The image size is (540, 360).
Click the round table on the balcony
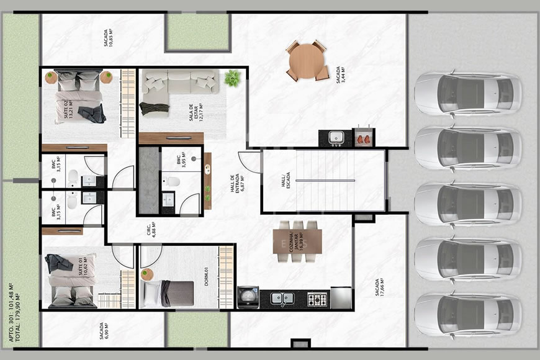click(307, 60)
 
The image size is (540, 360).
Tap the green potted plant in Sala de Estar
click(232, 78)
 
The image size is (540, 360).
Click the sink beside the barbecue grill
click(335, 137)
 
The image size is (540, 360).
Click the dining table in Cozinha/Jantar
click(298, 241)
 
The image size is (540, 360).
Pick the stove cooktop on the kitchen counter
click(317, 299)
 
